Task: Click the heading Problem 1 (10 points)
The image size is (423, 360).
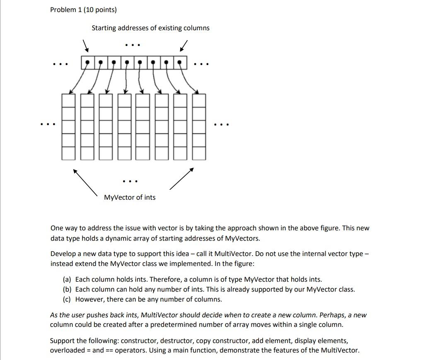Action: [x=83, y=10]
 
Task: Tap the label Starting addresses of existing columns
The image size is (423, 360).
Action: [x=150, y=28]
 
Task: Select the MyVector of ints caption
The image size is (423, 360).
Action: [x=130, y=198]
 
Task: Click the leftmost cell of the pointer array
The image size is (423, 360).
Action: [x=87, y=63]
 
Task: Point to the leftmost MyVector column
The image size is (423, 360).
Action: [x=68, y=127]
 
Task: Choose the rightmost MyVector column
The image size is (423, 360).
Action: [x=199, y=127]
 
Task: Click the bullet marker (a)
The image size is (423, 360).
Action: [x=67, y=280]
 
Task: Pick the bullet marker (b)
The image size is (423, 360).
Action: [x=67, y=290]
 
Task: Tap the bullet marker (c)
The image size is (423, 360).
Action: [x=67, y=300]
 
